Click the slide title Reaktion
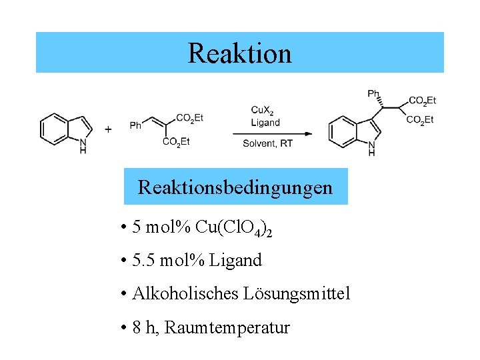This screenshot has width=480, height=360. tap(239, 53)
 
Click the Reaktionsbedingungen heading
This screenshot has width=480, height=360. tap(235, 187)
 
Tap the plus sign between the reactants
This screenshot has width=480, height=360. tap(108, 129)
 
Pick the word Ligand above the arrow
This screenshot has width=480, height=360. tap(265, 123)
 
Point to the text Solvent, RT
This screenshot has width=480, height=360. tap(267, 143)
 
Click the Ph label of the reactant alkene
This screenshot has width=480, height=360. tap(135, 125)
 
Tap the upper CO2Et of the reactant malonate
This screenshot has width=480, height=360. tap(189, 118)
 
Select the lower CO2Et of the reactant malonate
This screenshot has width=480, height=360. tap(176, 141)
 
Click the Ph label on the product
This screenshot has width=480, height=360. tap(373, 94)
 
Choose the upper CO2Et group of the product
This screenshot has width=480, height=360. tap(421, 101)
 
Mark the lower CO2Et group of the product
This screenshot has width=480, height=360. tap(419, 120)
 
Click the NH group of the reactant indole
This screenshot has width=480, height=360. tap(83, 146)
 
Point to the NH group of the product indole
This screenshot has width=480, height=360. tap(371, 149)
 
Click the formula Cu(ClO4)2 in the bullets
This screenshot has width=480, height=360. tap(233, 228)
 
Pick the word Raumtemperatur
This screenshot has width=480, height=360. tap(227, 327)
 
